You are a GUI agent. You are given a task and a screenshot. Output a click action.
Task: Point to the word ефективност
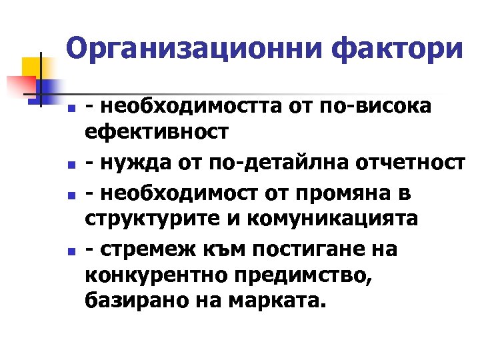click(x=157, y=133)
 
